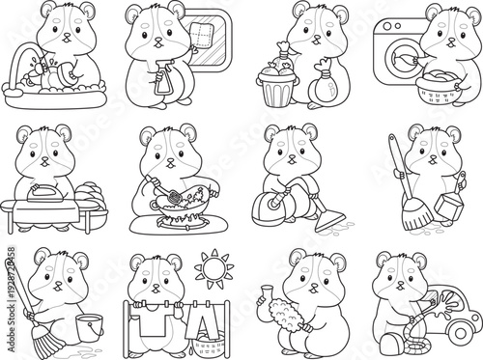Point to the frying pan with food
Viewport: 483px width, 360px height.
point(183,199)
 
